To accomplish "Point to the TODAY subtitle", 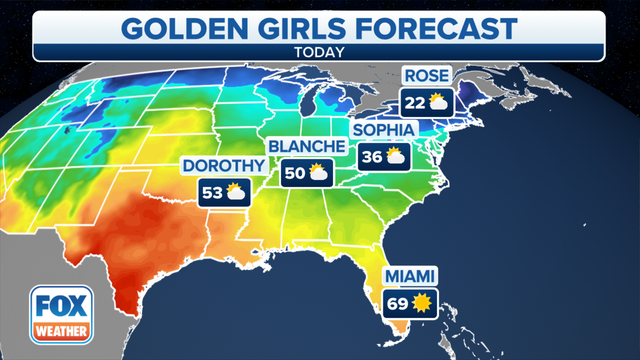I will point(320,50).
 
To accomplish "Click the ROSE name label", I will point(424,76).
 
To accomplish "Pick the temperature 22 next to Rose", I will point(413,101).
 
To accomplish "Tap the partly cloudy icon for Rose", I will point(438,101).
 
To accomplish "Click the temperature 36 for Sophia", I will point(371,156).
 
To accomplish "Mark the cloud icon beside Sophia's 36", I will point(396,156).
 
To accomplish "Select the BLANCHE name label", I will point(306,147).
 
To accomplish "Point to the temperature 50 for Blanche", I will point(294,172).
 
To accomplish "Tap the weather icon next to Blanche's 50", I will point(319,172).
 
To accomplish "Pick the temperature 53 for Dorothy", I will point(211,192).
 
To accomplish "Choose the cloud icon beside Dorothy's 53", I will point(236,192).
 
